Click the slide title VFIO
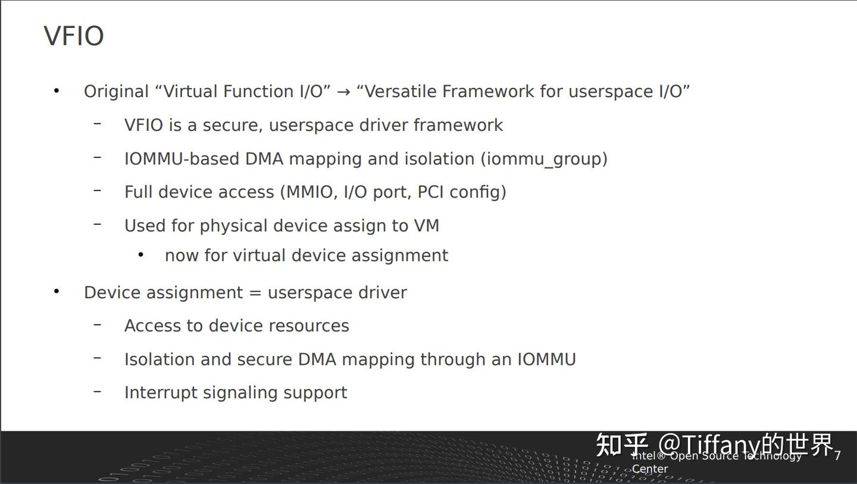[x=74, y=36]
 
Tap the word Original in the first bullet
[x=116, y=92]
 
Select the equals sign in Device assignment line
[x=255, y=293]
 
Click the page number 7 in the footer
[x=837, y=456]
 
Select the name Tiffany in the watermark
[x=721, y=444]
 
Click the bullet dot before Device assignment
[x=57, y=292]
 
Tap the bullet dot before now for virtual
[x=141, y=255]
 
